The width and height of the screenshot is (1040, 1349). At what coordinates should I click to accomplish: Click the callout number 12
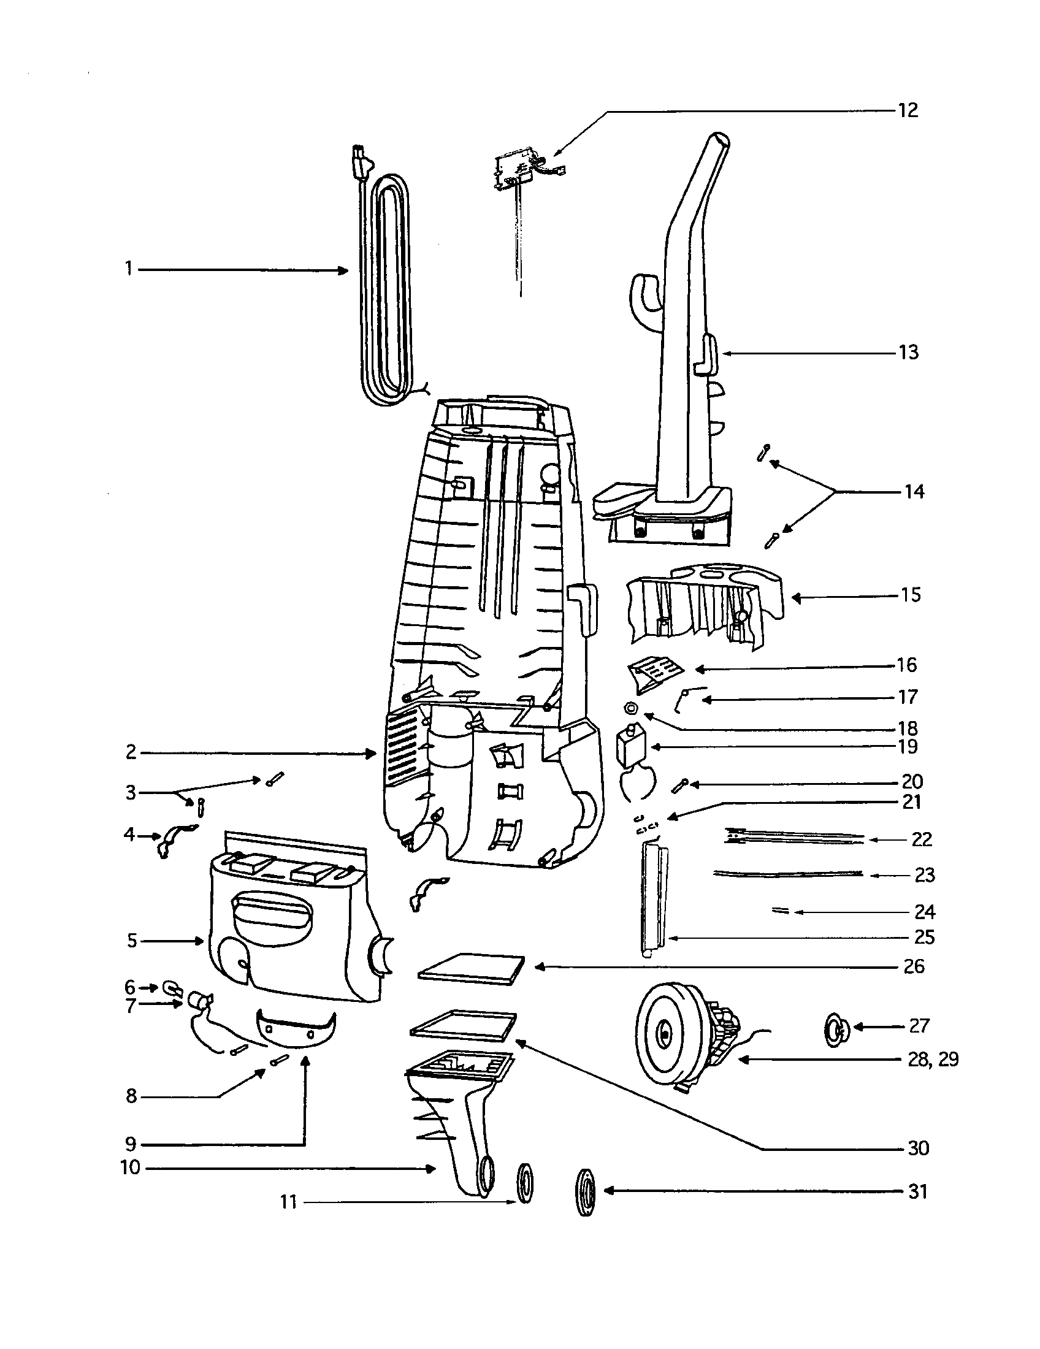[x=908, y=110]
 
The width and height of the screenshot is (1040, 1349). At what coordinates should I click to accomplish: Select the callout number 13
[x=908, y=353]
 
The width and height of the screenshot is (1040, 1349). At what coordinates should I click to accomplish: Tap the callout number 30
[x=919, y=1148]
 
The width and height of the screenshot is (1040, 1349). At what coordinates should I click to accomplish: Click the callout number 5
[x=132, y=941]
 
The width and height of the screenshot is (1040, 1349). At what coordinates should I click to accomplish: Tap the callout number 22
[x=922, y=839]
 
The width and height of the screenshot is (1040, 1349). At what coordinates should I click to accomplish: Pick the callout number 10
[x=131, y=1168]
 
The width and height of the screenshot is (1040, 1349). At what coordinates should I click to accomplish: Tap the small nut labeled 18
[x=630, y=708]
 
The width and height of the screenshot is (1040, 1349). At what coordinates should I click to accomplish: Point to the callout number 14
[x=914, y=492]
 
